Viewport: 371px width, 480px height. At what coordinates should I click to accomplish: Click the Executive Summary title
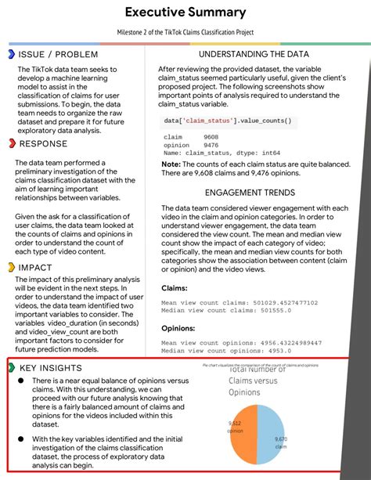[x=185, y=13]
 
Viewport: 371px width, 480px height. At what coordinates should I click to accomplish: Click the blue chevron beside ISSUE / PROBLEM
[x=11, y=54]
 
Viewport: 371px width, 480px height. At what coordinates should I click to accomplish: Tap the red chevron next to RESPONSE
[x=11, y=143]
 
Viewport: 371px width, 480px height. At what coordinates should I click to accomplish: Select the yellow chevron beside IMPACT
[x=11, y=267]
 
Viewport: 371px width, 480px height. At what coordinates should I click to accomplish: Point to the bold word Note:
[x=171, y=164]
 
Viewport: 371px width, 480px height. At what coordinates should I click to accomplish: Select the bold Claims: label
[x=175, y=289]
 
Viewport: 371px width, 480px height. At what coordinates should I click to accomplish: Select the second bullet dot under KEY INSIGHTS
[x=20, y=439]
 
